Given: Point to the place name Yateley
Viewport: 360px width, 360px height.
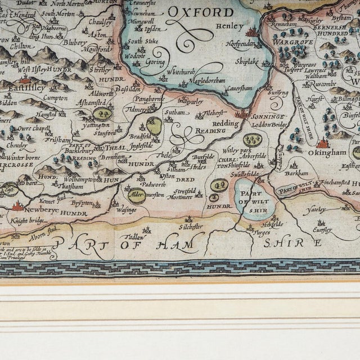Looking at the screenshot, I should click(315, 210).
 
